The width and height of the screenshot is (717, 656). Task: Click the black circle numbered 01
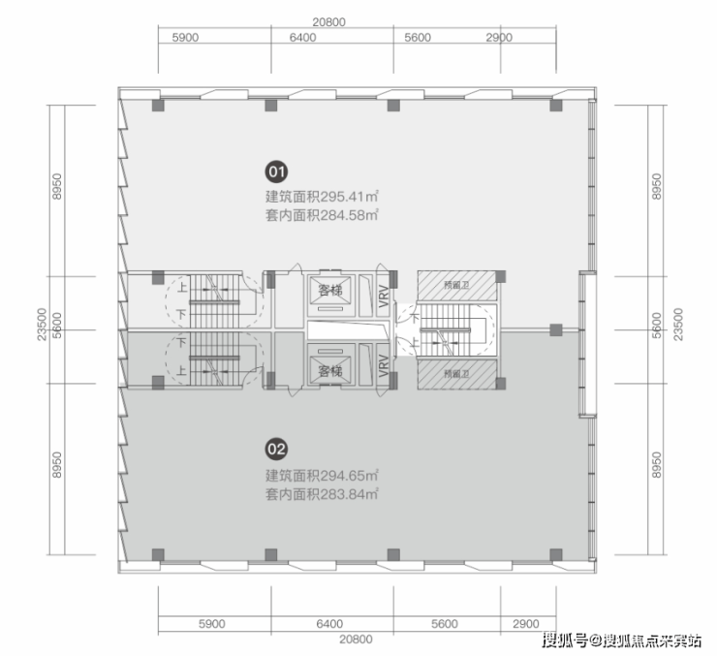click(276, 173)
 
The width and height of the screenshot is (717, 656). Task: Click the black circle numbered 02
click(276, 449)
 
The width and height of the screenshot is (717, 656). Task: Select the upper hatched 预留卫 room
click(452, 286)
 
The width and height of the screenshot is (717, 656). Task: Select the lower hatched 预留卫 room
click(452, 374)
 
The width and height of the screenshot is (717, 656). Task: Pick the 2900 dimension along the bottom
click(526, 624)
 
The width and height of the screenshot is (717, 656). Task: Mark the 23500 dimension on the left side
click(42, 330)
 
